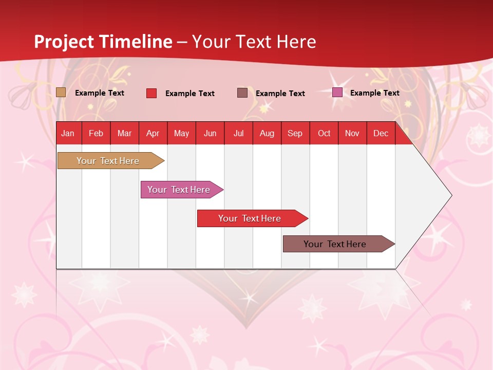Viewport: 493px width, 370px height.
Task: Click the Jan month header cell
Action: coord(68,133)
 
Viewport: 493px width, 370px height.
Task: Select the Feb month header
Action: coord(96,133)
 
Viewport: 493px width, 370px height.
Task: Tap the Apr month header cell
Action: coord(153,133)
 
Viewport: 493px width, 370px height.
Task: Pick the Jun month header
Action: coord(210,133)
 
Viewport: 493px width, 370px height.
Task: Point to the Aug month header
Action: coord(267,133)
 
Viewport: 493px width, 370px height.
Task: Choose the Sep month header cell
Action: coord(295,133)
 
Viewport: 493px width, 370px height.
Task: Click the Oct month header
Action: coord(324,133)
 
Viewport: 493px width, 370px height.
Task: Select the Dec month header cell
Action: coord(381,133)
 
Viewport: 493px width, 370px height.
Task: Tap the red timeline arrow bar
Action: coord(250,218)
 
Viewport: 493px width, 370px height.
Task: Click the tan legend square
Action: coord(61,92)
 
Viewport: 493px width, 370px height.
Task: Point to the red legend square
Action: coord(151,93)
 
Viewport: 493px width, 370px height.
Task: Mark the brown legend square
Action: coord(242,92)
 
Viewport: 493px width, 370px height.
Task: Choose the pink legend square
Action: coord(337,92)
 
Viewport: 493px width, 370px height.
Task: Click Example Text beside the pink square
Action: coord(374,93)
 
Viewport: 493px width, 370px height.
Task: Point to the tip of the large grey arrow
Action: coord(451,195)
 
